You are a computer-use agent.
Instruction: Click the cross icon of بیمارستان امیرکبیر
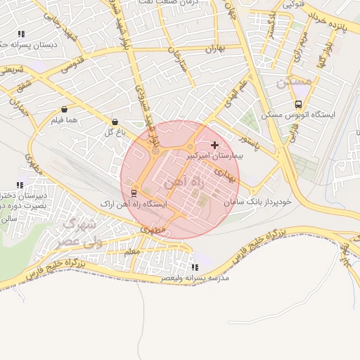point(214,145)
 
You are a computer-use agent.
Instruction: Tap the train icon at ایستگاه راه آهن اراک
point(134,193)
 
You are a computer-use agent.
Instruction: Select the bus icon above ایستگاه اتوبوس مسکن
point(299,103)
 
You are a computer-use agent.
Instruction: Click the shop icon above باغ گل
point(115,121)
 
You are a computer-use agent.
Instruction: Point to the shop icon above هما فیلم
point(65,110)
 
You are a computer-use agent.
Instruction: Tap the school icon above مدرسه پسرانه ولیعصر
point(195,267)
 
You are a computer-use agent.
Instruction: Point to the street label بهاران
point(214,49)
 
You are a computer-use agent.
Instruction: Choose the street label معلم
point(131,250)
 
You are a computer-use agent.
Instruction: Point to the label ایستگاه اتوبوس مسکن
point(299,114)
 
